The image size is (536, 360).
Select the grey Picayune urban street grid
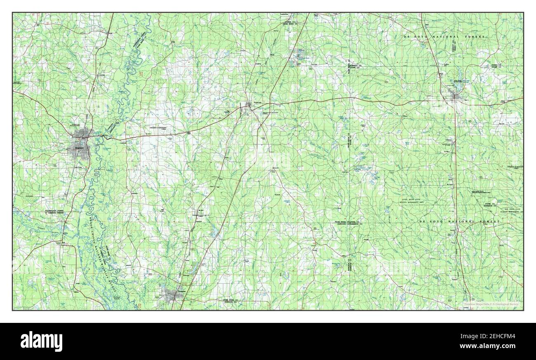pyautogui.click(x=171, y=294)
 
